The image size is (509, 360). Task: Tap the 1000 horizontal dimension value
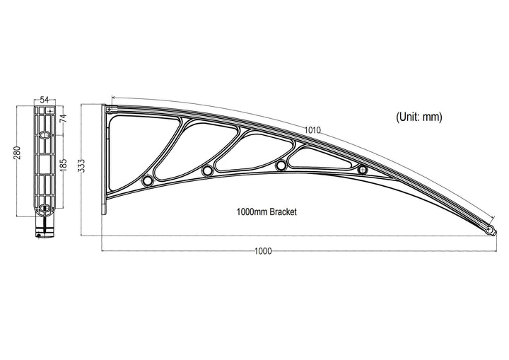tap(263, 251)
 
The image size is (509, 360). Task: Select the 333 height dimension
tap(81, 166)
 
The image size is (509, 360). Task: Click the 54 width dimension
tap(44, 100)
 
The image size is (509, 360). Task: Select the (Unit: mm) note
tap(419, 117)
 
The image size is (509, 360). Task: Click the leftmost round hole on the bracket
tap(147, 180)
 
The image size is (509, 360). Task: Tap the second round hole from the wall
tap(207, 171)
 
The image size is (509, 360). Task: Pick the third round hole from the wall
tap(281, 166)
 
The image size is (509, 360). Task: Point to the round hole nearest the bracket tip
tap(363, 170)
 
